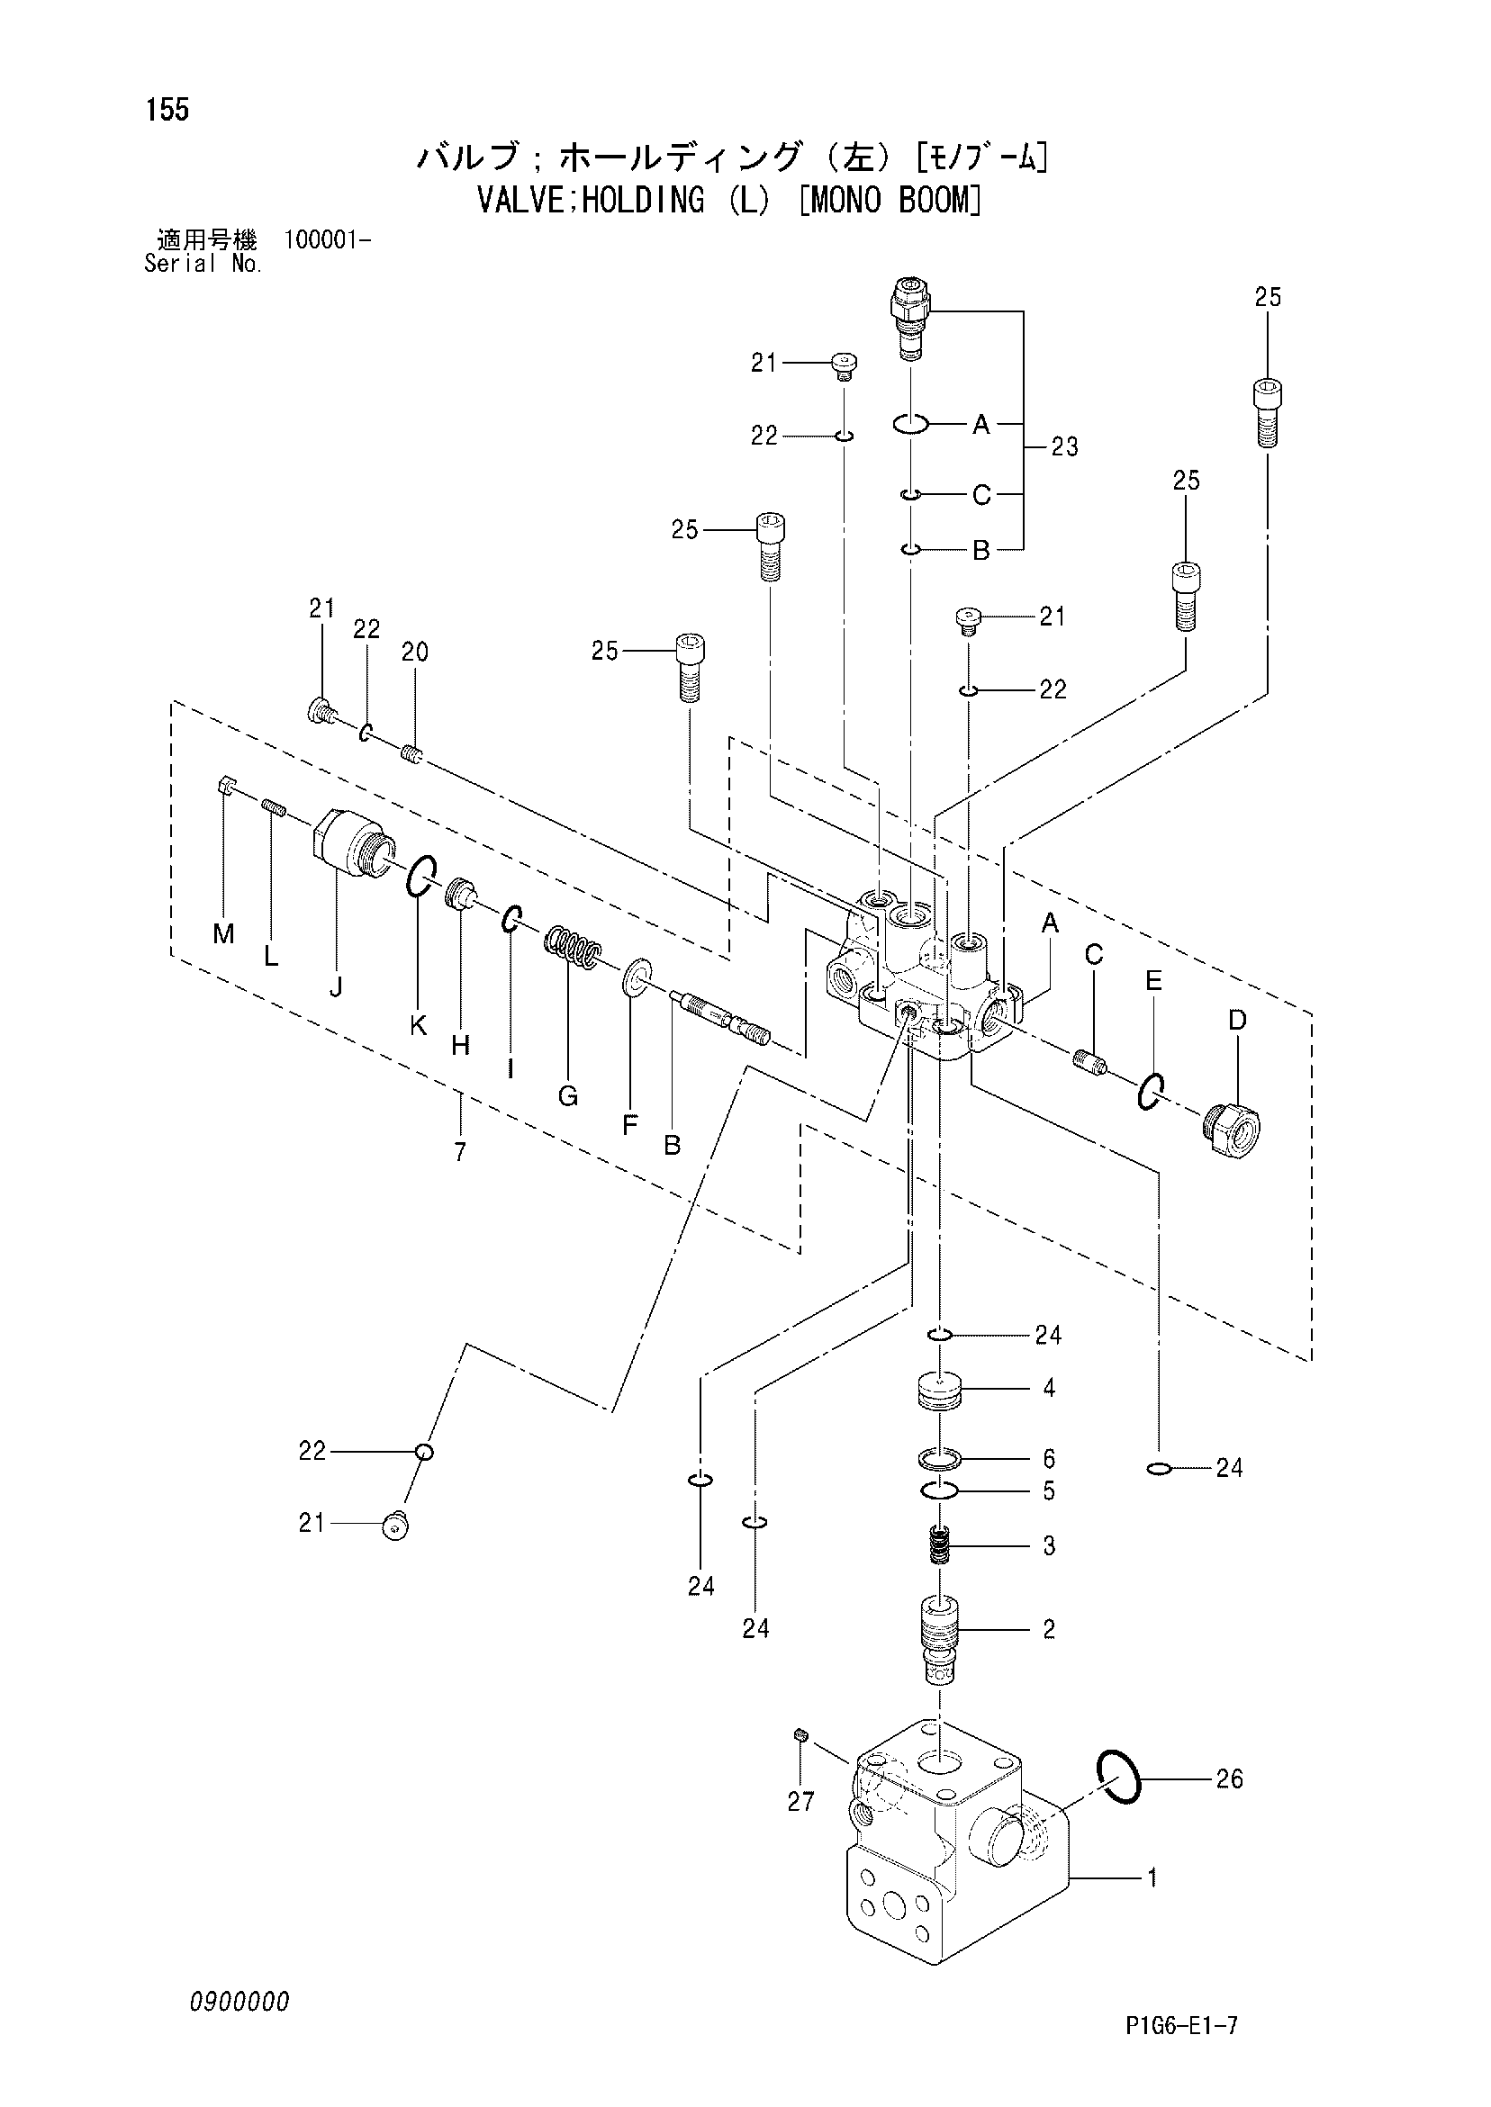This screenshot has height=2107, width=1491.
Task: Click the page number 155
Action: click(x=167, y=110)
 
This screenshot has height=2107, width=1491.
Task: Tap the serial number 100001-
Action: click(x=328, y=240)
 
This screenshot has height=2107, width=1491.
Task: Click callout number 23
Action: click(x=1064, y=447)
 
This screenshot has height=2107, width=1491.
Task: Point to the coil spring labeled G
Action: click(x=573, y=946)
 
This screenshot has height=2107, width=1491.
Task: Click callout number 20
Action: click(x=415, y=653)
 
